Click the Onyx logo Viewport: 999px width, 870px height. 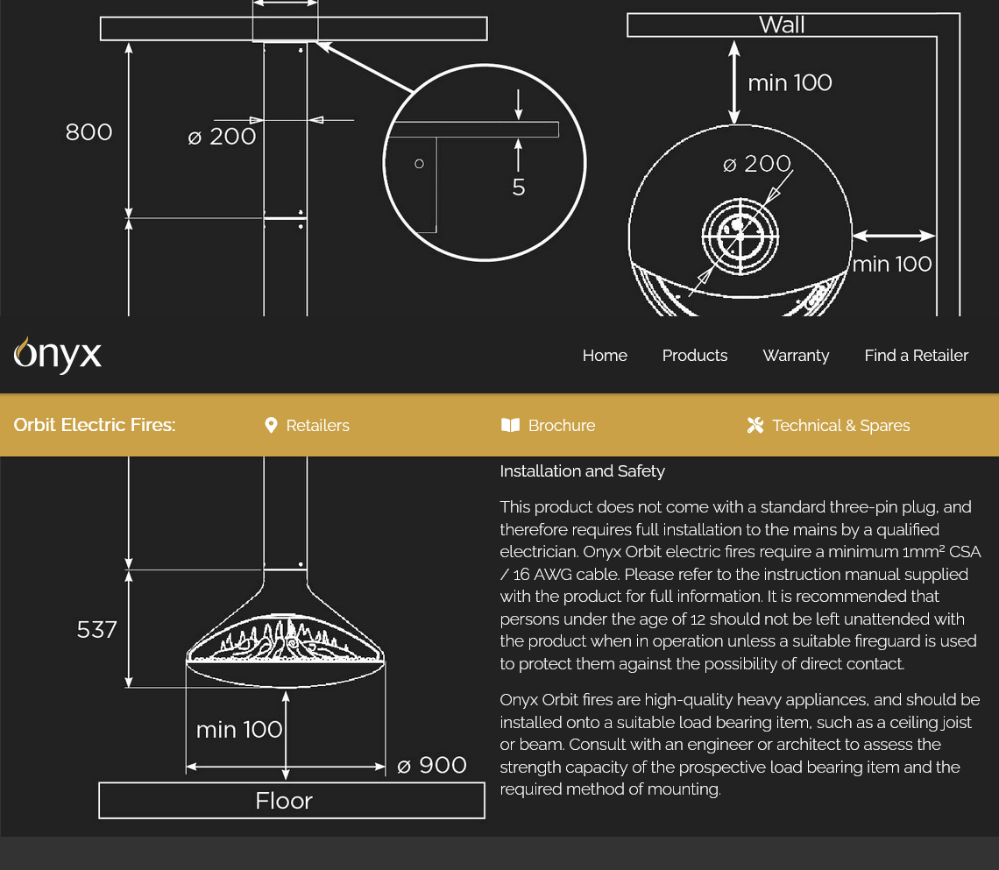point(57,355)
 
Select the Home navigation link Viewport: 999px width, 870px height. point(605,356)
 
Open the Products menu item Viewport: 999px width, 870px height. point(694,356)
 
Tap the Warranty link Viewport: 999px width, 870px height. point(796,356)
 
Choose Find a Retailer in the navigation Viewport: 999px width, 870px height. point(916,356)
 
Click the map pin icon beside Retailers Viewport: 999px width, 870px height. point(271,426)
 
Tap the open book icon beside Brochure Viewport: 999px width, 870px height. point(510,425)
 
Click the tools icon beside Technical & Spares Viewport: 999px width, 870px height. point(755,425)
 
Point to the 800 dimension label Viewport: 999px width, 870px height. point(89,131)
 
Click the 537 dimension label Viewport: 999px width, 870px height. point(97,630)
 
